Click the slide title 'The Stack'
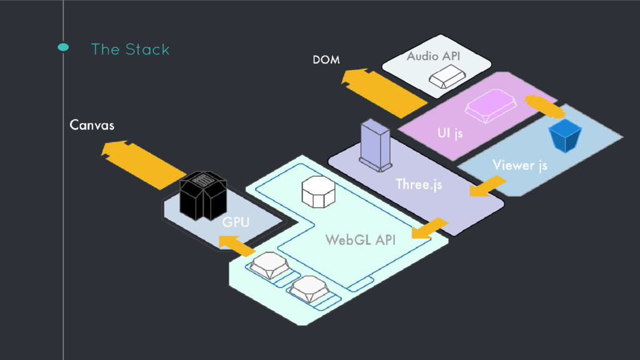point(130,49)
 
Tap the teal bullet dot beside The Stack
point(62,48)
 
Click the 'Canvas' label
point(92,126)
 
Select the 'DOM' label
point(326,60)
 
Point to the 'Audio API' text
point(433,56)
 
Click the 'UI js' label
point(450,134)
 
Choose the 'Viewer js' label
point(519,165)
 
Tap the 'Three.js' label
point(419,184)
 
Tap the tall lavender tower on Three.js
point(375,144)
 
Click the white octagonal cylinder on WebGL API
point(319,191)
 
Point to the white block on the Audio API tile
point(446,77)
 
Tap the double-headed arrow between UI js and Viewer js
point(545,106)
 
